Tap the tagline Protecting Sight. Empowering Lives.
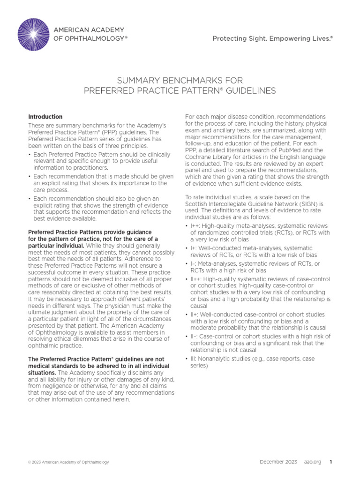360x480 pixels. pos(272,39)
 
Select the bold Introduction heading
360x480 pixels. pos(45,117)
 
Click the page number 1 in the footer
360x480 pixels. pos(330,462)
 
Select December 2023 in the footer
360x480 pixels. pos(278,462)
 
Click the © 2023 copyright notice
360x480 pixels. pos(68,462)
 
